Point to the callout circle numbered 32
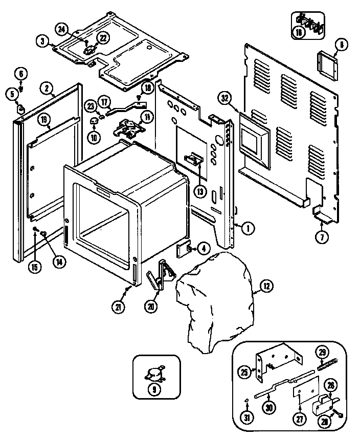[x=226, y=98]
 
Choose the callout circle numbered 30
[x=268, y=407]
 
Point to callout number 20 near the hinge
[x=151, y=307]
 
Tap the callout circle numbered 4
[x=204, y=249]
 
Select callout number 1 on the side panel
[x=246, y=228]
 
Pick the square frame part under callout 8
[x=327, y=65]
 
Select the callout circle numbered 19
[x=44, y=121]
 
